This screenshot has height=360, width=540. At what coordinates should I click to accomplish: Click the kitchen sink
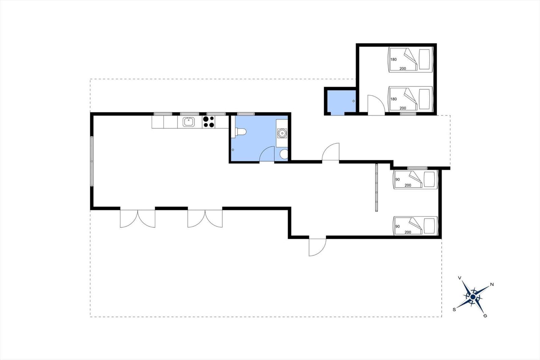[x=189, y=122]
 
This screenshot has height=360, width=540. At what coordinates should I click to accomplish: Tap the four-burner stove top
[x=209, y=122]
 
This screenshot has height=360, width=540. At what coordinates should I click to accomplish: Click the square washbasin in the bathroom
[x=282, y=133]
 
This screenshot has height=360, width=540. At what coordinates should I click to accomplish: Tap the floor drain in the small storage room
[x=353, y=101]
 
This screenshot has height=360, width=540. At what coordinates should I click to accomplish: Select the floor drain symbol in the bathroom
[x=233, y=150]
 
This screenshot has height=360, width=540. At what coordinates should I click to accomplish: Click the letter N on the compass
[x=492, y=284]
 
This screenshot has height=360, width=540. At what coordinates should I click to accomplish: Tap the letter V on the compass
[x=460, y=278]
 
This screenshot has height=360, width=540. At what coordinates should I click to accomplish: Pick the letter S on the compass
[x=454, y=310]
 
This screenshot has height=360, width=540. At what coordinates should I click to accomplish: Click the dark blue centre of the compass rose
[x=473, y=297]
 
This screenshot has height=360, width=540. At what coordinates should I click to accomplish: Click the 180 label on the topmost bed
[x=394, y=59]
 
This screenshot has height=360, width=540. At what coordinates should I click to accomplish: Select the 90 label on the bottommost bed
[x=398, y=226]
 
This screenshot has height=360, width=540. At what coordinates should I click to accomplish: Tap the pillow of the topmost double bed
[x=424, y=59]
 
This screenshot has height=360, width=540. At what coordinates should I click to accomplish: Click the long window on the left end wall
[x=91, y=161]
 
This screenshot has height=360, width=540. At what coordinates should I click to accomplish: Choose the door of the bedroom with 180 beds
[x=376, y=105]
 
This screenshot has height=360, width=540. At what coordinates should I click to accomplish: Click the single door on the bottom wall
[x=318, y=247]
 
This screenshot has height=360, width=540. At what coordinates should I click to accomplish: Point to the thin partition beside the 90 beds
[x=376, y=187]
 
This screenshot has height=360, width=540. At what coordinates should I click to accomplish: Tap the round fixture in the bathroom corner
[x=284, y=154]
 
